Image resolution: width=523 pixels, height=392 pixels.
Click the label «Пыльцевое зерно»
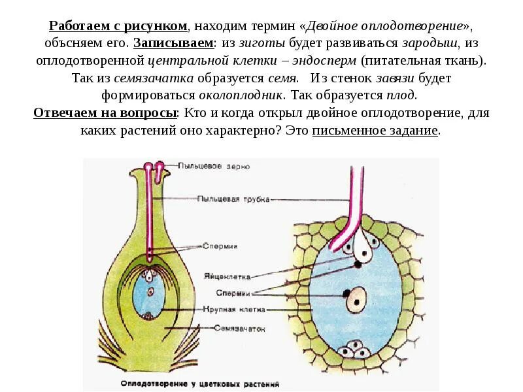click(x=206, y=166)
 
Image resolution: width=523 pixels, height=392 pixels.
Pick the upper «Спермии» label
click(x=220, y=246)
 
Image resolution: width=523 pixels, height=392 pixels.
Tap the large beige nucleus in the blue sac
click(x=356, y=299)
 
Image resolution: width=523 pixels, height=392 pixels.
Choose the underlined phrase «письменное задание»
click(x=375, y=129)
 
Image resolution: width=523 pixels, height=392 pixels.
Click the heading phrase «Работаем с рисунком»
click(x=118, y=26)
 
